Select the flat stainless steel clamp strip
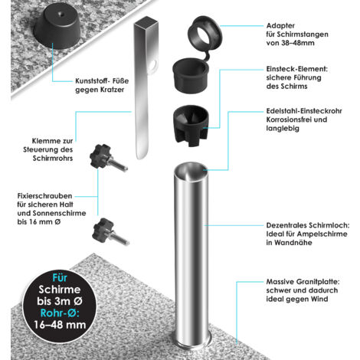pyautogui.click(x=144, y=87)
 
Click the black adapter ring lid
pyautogui.click(x=205, y=32)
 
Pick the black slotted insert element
pyautogui.click(x=191, y=126)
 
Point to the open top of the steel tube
pyautogui.click(x=191, y=172)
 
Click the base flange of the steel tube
pyautogui.click(x=191, y=342)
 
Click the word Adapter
pyautogui.click(x=280, y=25)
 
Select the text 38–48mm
pyautogui.click(x=298, y=43)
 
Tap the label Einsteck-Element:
pyautogui.click(x=296, y=69)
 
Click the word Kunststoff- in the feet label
pyautogui.click(x=92, y=81)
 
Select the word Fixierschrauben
pyautogui.click(x=44, y=196)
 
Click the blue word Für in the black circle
pyautogui.click(x=60, y=278)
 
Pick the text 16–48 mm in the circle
pyautogui.click(x=60, y=325)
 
